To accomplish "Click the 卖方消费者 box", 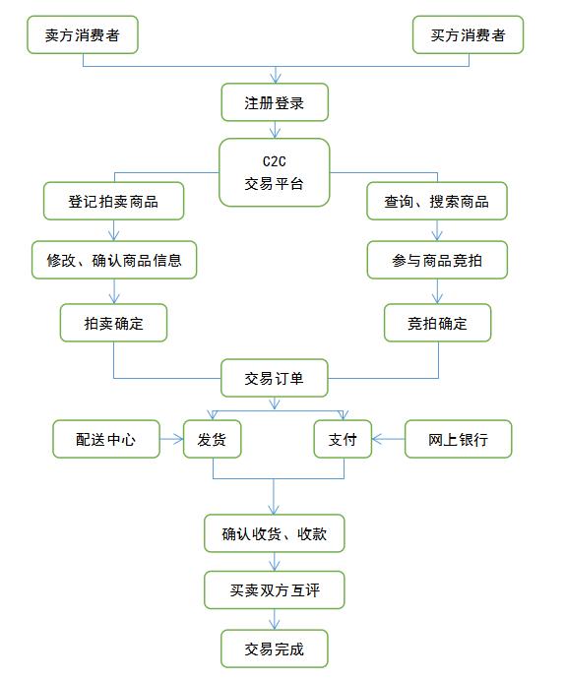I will [x=84, y=35].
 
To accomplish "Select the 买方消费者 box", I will [x=468, y=35].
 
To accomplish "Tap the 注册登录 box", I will [x=275, y=101].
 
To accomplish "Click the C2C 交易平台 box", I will [x=275, y=172].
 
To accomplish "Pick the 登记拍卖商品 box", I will [x=113, y=202].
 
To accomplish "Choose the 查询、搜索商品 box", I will [x=436, y=202].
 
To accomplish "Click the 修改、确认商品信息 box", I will [x=114, y=261].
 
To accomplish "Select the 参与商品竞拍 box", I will [x=437, y=261].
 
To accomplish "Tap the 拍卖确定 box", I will [x=113, y=322].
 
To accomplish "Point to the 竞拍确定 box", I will [x=437, y=322].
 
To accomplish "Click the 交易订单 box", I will [x=275, y=377].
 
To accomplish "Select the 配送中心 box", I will [x=106, y=439].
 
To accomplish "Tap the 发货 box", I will [x=213, y=439].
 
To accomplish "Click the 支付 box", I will [x=344, y=439].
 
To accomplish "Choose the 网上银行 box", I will [x=459, y=439].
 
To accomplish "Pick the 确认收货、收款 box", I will [x=275, y=533].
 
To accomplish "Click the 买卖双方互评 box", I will [x=275, y=590].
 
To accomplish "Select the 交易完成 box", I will [x=275, y=649].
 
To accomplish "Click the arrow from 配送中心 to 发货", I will [x=172, y=439].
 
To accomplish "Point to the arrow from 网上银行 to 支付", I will [x=389, y=439].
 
